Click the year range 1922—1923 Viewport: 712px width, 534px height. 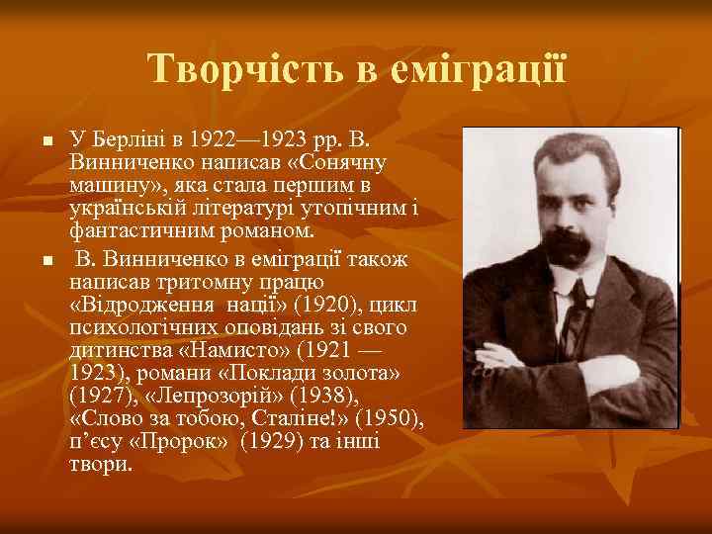coord(242,140)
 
